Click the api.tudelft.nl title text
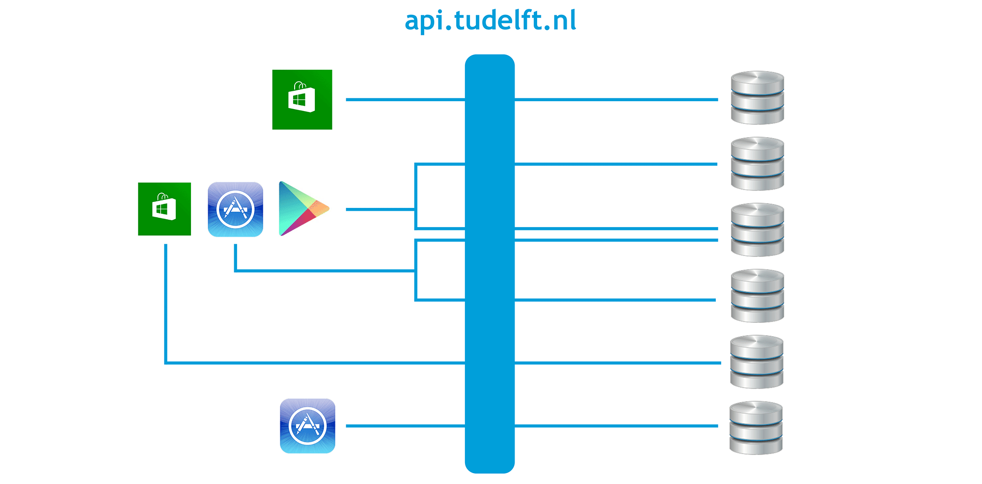491,21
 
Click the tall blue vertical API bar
490,263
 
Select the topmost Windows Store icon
302,100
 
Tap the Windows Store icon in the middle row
164,209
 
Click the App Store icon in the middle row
235,209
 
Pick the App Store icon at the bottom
307,426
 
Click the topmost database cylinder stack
757,97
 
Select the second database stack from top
757,164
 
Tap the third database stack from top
757,229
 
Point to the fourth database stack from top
757,296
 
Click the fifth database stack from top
757,362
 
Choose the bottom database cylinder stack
756,427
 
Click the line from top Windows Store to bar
405,100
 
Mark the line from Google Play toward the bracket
380,209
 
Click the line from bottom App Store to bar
405,426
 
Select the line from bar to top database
616,100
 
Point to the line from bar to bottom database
616,426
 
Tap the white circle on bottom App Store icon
307,426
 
